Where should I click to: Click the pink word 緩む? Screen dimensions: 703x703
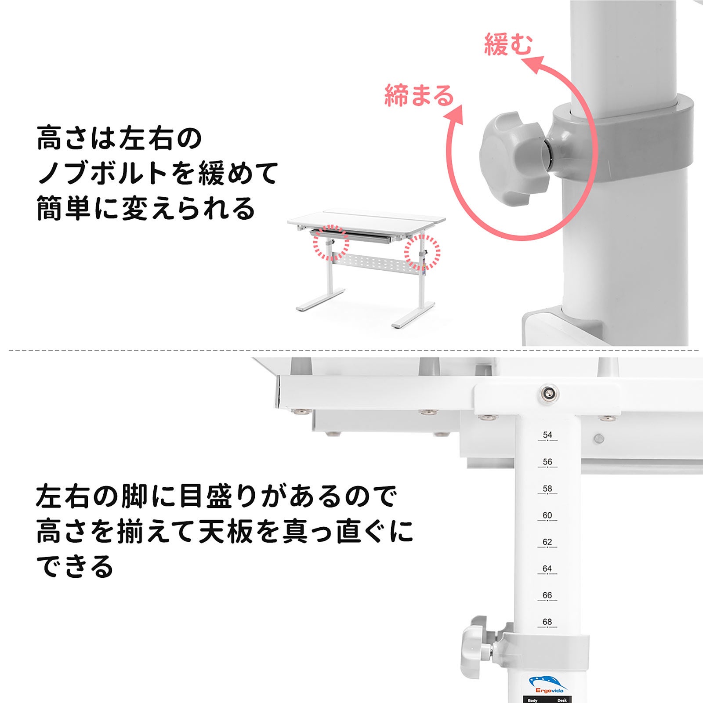pyautogui.click(x=508, y=44)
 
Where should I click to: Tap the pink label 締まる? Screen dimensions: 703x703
pyautogui.click(x=419, y=95)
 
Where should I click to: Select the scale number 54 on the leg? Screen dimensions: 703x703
pyautogui.click(x=547, y=435)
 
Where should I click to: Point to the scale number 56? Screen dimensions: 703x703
pyautogui.click(x=547, y=462)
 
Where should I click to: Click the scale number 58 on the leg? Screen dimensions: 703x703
pyautogui.click(x=547, y=489)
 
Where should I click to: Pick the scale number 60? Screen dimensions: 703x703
pyautogui.click(x=547, y=515)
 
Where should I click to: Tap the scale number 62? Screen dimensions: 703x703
pyautogui.click(x=547, y=542)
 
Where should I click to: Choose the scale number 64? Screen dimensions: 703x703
pyautogui.click(x=547, y=569)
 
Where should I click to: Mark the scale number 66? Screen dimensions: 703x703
pyautogui.click(x=547, y=595)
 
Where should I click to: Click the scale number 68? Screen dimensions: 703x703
pyautogui.click(x=547, y=622)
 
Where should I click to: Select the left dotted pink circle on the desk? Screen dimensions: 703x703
pyautogui.click(x=330, y=242)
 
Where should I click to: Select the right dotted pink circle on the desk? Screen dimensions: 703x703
pyautogui.click(x=422, y=252)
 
